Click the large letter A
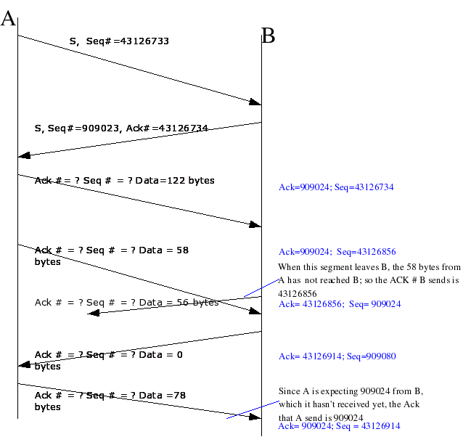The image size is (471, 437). tap(8, 18)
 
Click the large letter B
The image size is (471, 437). tap(269, 36)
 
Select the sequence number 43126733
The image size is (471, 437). tap(144, 41)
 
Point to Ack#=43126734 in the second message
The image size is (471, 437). tap(167, 128)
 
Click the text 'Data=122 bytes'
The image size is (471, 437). tap(175, 180)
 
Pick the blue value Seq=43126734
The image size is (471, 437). tap(364, 187)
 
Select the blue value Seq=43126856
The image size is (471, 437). tap(366, 252)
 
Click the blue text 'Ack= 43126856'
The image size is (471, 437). tap(310, 304)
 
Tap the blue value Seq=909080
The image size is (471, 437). tap(372, 356)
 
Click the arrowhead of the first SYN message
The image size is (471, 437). tap(255, 102)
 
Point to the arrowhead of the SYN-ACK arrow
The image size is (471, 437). tap(24, 155)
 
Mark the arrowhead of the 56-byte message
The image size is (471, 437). tap(93, 313)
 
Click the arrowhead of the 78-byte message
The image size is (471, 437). tap(255, 417)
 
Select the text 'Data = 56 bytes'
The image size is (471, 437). tap(179, 303)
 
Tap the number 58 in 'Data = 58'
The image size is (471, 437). tap(183, 250)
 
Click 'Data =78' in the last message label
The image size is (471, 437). tap(163, 395)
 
